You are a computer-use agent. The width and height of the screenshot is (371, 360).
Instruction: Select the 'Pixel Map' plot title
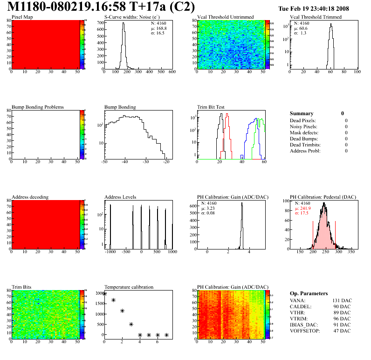coord(22,17)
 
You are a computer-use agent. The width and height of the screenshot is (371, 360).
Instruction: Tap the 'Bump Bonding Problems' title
coord(38,107)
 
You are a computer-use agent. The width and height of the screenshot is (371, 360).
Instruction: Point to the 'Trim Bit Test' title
coord(211,107)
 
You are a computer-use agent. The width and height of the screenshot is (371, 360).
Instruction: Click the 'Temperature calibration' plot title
coord(129,287)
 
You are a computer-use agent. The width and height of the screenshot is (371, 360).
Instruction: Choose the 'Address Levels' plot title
coord(120,197)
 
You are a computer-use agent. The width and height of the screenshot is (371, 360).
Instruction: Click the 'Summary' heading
coord(302,113)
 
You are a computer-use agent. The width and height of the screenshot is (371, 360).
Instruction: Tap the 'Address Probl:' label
coord(305,151)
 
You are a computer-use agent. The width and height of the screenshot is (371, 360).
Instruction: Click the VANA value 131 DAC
coord(341,300)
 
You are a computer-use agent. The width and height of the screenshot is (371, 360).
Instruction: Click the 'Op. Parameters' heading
coord(309,293)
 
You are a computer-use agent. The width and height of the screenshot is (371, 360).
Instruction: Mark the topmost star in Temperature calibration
coord(104,294)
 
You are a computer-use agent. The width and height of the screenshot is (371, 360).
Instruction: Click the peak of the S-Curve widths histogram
coord(124,24)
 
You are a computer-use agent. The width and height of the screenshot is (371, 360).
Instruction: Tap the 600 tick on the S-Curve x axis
coord(172,72)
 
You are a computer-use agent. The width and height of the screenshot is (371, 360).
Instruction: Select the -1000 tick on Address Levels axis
coord(110,252)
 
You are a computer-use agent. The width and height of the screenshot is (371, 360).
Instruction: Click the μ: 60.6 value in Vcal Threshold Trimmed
coord(300,28)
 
